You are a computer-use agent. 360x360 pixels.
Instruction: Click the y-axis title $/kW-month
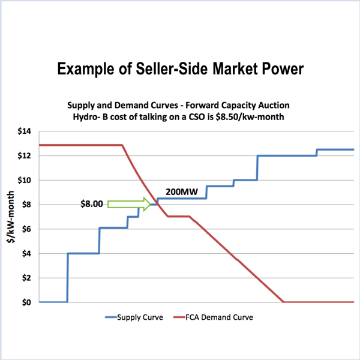10,216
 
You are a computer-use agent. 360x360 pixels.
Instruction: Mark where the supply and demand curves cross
159,205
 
